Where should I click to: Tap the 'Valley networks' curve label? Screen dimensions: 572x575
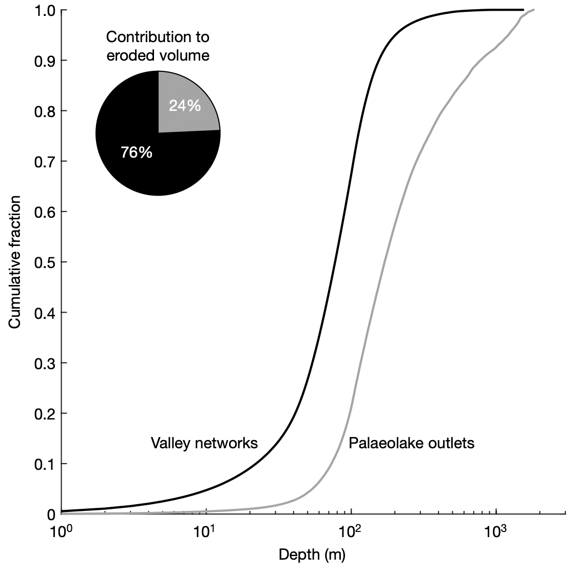(204, 443)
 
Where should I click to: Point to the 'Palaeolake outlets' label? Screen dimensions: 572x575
(411, 443)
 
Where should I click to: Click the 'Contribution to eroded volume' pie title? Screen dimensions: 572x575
(158, 46)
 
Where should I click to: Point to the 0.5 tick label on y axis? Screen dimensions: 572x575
(45, 262)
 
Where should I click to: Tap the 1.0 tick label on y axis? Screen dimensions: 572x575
(45, 10)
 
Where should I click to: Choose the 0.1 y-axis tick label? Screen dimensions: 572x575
(45, 464)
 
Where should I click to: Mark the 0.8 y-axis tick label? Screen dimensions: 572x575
(45, 111)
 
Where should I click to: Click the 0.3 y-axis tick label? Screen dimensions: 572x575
(45, 363)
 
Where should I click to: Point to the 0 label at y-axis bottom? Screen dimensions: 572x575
(51, 514)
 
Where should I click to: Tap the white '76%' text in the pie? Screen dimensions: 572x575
(137, 152)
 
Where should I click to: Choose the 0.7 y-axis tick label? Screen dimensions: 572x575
(45, 162)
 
